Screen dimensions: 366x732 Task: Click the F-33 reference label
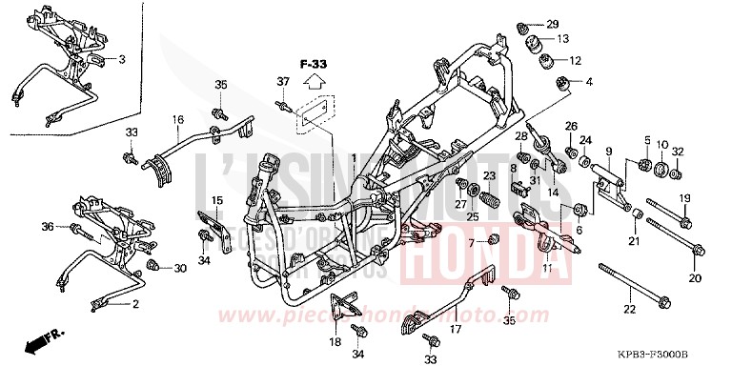[314, 64]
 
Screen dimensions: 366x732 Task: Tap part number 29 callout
[553, 23]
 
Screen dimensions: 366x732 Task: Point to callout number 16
[177, 120]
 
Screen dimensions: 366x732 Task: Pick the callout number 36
[48, 226]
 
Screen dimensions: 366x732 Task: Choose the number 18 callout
[335, 340]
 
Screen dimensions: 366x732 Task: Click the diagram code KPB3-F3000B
[682, 354]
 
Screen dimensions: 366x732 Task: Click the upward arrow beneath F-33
[315, 87]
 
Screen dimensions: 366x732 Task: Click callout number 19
[683, 197]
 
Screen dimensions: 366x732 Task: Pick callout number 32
[678, 152]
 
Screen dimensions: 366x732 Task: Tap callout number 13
[562, 39]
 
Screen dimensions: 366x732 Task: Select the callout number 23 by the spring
[489, 176]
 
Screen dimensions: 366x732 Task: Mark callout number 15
[217, 200]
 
